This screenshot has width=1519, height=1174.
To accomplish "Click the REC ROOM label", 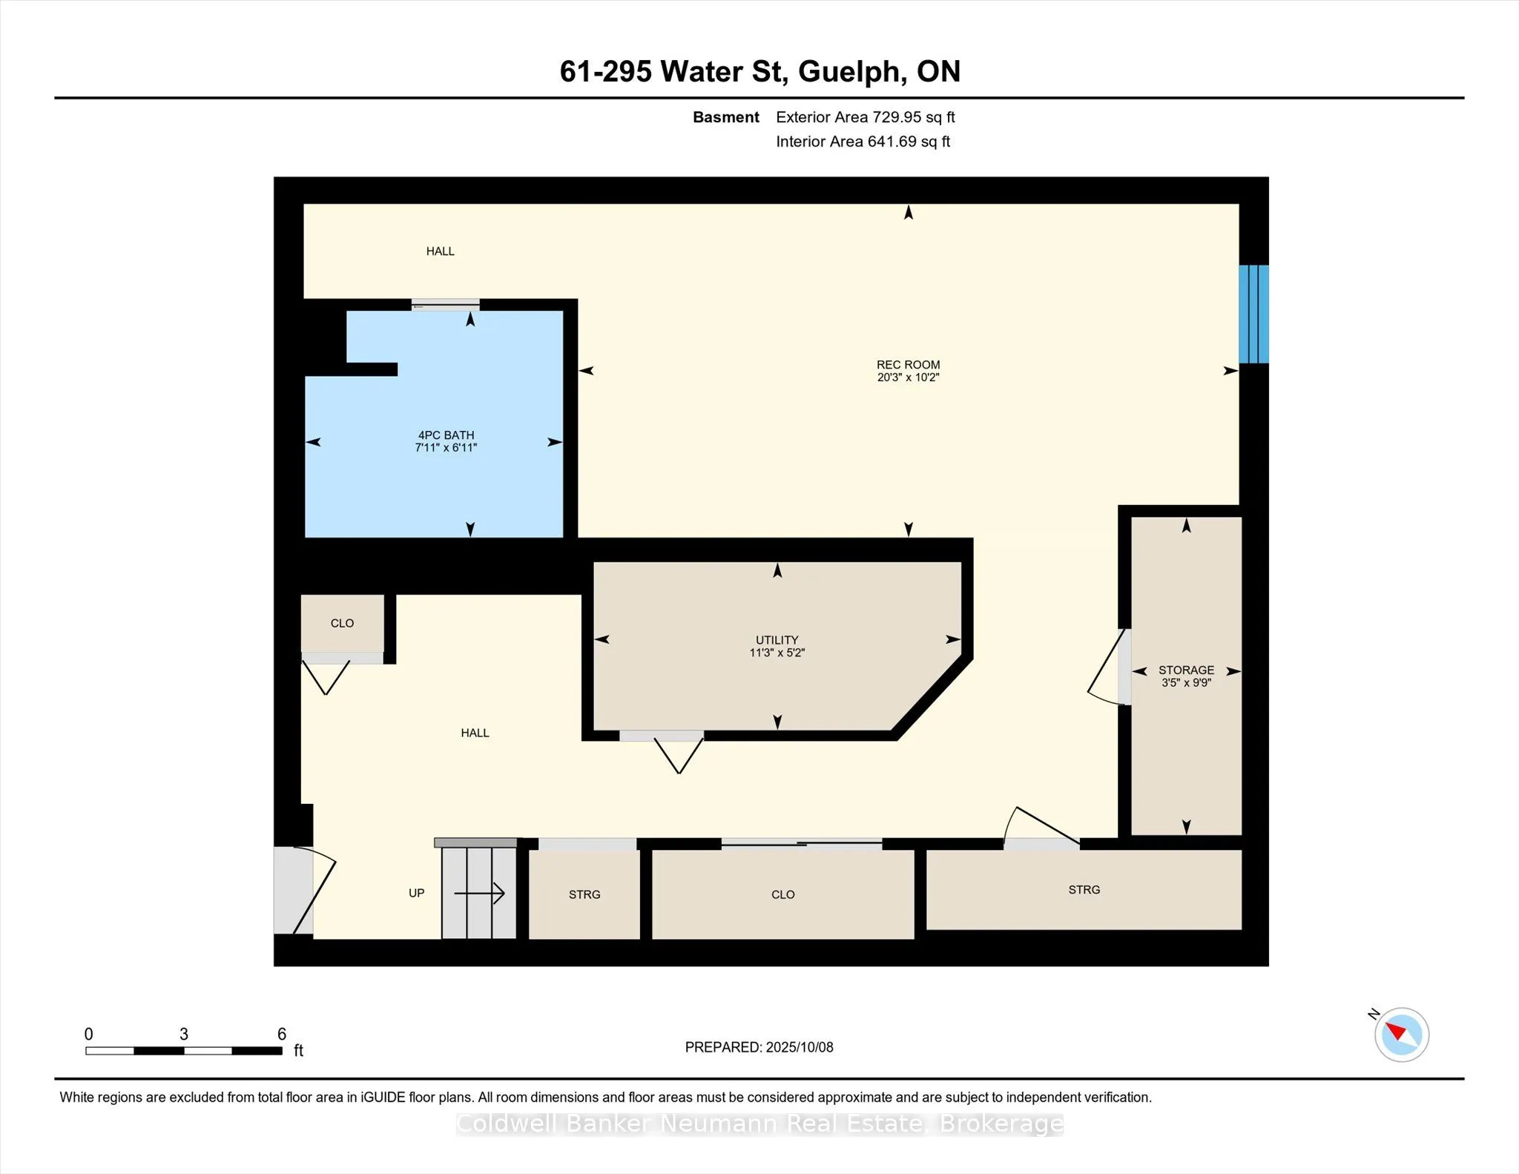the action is (x=908, y=364).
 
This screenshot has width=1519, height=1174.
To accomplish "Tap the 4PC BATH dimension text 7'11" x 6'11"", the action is (x=446, y=448).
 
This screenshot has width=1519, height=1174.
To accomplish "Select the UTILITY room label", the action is (x=777, y=640).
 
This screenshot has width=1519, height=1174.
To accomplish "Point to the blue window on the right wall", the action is (x=1253, y=314).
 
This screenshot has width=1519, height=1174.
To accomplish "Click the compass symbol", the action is (x=1401, y=1034).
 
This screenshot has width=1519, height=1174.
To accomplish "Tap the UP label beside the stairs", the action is (x=416, y=893).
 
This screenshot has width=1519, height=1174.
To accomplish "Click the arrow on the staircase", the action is (x=479, y=894).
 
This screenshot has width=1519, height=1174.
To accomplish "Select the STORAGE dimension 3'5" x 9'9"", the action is (x=1186, y=682).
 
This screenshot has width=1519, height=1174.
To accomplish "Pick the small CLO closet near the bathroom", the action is (x=342, y=624).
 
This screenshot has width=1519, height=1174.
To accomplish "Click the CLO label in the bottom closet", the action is (x=782, y=894).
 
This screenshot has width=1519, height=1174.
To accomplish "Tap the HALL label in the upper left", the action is (x=440, y=251).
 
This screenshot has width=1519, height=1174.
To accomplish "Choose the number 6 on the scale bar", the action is (x=282, y=1034).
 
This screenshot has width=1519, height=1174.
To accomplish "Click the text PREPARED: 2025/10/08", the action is (x=759, y=1047).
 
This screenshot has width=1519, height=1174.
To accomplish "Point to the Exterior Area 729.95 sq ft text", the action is (x=865, y=117).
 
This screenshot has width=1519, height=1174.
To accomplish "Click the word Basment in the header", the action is (x=725, y=117).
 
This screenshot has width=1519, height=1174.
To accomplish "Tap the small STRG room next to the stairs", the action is (x=584, y=894).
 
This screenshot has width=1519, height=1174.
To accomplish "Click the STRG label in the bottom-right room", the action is (x=1084, y=889).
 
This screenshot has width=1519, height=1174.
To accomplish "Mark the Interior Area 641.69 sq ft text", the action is (x=863, y=142).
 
